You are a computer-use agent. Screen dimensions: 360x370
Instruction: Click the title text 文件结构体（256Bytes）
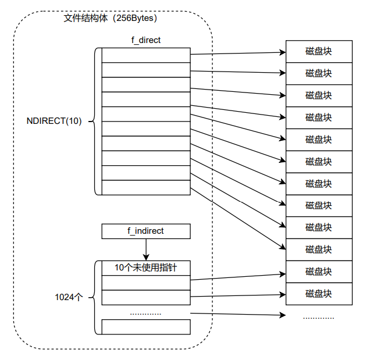(111, 18)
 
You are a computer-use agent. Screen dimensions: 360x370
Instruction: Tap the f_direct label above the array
(146, 40)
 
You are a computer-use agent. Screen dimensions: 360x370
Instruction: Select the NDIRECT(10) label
(54, 121)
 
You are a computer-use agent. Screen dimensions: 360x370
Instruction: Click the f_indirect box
(146, 231)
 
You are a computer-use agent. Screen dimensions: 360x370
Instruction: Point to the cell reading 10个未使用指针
(146, 268)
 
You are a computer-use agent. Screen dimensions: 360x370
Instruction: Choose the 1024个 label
(69, 297)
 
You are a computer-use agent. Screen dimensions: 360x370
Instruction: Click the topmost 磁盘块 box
(319, 51)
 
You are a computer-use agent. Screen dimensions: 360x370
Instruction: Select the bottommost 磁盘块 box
(319, 293)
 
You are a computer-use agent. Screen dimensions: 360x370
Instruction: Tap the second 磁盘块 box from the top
(319, 73)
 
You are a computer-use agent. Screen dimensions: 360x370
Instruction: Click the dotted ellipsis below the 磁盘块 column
(319, 318)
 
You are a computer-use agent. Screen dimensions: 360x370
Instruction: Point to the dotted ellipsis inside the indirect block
(145, 313)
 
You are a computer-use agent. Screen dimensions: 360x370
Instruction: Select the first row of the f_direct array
(146, 55)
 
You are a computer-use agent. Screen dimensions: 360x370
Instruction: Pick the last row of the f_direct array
(146, 187)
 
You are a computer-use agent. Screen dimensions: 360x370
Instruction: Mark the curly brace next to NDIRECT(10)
(95, 121)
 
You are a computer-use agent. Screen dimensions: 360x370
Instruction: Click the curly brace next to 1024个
(95, 297)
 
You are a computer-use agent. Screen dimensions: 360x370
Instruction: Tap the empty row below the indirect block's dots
(146, 327)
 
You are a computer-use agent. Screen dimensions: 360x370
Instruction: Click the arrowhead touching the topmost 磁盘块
(283, 52)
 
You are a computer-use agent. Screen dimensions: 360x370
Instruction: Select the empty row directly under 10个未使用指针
(146, 282)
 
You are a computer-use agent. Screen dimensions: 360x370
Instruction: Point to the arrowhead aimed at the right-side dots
(283, 316)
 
